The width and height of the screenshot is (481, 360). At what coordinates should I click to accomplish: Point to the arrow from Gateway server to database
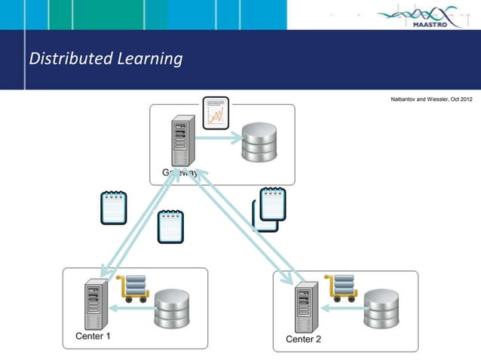point(220,138)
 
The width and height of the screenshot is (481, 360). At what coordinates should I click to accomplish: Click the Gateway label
point(179,173)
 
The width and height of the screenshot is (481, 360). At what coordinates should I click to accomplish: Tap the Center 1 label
point(93,336)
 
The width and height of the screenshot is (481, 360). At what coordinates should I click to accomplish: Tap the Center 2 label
point(303,339)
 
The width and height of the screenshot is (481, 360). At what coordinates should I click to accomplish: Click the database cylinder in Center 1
point(171,310)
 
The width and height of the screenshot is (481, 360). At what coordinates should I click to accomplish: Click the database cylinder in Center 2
point(381,311)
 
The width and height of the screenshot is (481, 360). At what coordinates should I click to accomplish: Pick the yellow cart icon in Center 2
point(340,290)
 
